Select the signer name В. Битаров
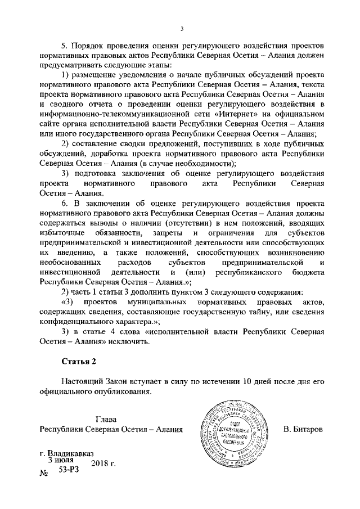(303, 430)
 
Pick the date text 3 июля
(61, 460)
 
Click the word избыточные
(62, 233)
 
